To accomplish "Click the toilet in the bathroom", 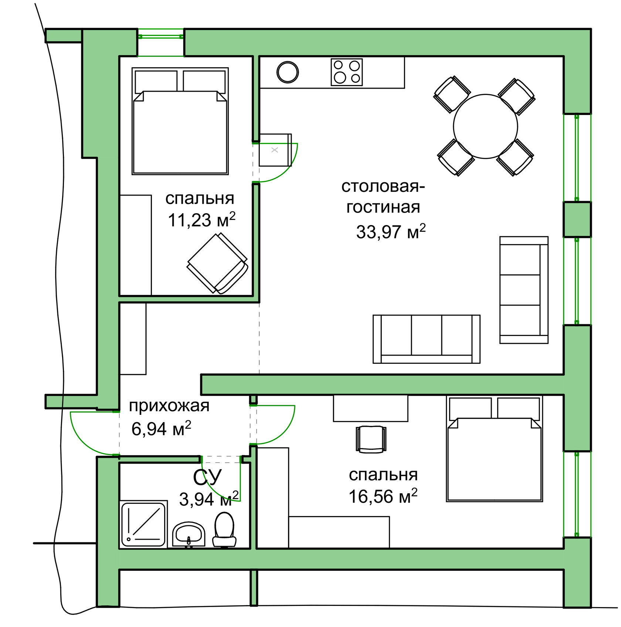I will (224, 530).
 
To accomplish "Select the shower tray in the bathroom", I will (143, 524).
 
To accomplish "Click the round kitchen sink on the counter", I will (288, 72).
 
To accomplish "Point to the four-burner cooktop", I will (347, 72).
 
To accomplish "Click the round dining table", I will (485, 126).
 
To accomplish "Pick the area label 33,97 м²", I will (391, 232).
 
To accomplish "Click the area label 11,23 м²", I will (201, 220).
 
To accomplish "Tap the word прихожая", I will (169, 406).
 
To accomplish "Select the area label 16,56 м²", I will (383, 496).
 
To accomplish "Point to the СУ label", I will (207, 477).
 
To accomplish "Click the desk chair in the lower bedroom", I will (371, 439).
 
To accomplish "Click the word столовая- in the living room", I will (383, 186).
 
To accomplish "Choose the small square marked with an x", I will (275, 150).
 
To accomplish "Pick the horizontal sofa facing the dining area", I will (426, 339).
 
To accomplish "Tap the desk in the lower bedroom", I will (370, 408).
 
